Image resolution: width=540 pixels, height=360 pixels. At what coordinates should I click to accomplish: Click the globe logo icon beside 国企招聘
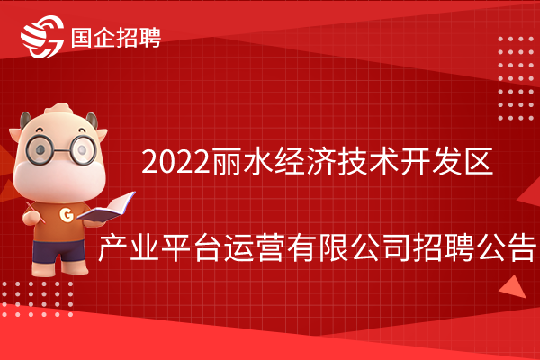pos(42,36)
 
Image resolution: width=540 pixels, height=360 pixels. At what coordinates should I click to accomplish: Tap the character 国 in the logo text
pos(81,37)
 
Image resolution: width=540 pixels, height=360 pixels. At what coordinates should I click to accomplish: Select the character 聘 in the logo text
pos(150,37)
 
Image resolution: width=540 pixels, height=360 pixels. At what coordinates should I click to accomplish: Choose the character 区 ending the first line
pos(479,161)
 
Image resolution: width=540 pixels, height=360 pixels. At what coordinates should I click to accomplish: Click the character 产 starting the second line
pos(113,247)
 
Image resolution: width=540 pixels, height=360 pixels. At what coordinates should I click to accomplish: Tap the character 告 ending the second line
pos(523,247)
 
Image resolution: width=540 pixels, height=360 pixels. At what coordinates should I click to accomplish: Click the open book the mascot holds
pos(107,207)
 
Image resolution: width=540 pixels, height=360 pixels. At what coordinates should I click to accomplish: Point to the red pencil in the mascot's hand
pos(36,212)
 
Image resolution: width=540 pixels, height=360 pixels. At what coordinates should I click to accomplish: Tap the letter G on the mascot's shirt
pos(66,215)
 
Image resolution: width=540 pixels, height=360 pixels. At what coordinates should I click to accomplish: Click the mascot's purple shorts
pos(58,250)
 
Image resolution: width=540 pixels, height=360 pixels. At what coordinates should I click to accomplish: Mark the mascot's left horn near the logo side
pos(25,120)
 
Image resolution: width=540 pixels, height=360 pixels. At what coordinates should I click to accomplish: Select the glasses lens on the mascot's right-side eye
pos(83,149)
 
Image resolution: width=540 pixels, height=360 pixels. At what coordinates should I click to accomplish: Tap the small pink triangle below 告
pos(514,287)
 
